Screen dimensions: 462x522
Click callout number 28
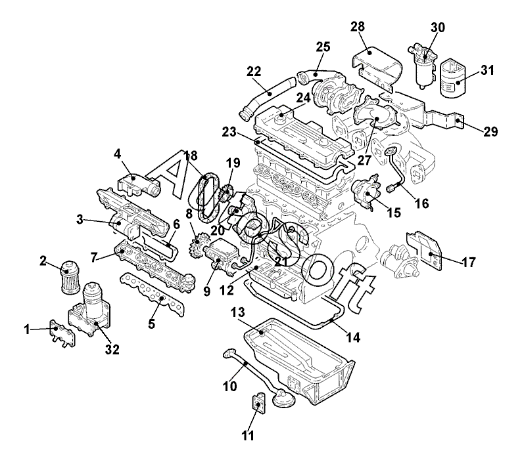pos(357,27)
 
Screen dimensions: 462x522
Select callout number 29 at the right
pos(490,132)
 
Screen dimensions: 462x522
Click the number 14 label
pos(353,338)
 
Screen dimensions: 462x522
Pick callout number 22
pos(254,71)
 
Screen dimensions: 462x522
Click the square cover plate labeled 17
pos(425,249)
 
